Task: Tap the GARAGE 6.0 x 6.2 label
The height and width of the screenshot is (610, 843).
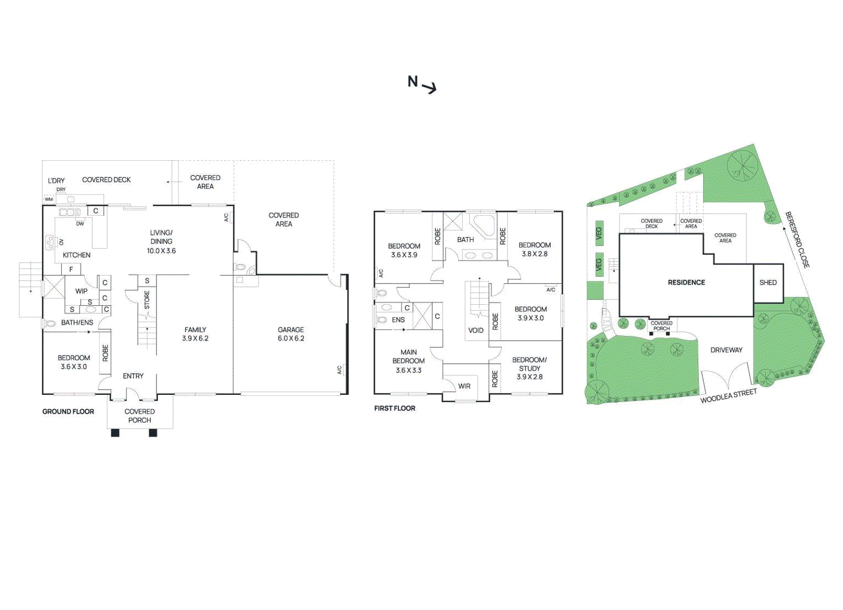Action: click(291, 334)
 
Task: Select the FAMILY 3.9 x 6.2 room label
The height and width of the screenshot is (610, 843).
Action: click(195, 334)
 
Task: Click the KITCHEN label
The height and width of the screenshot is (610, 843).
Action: click(76, 255)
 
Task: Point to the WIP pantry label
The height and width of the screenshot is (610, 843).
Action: click(81, 291)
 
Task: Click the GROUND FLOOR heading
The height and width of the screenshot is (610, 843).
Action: click(68, 412)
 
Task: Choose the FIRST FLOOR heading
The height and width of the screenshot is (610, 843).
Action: click(395, 409)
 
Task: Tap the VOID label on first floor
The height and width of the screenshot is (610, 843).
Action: click(475, 331)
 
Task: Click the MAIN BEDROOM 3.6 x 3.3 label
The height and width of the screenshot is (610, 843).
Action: click(408, 361)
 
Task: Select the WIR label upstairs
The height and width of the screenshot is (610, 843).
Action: click(464, 386)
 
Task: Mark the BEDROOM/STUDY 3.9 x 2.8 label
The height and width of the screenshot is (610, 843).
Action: click(529, 369)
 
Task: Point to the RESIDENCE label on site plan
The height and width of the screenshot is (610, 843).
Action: click(686, 283)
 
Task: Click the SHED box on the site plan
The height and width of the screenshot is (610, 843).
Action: click(768, 283)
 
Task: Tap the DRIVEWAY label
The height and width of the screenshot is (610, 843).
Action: click(726, 350)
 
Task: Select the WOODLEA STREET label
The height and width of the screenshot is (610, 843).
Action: click(728, 396)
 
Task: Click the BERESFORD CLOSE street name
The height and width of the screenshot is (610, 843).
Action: click(797, 240)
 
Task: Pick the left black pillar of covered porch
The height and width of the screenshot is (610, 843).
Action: click(115, 433)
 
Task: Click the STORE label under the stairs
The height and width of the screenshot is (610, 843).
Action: click(147, 299)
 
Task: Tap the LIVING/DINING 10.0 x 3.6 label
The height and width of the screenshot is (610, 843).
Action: click(161, 241)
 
